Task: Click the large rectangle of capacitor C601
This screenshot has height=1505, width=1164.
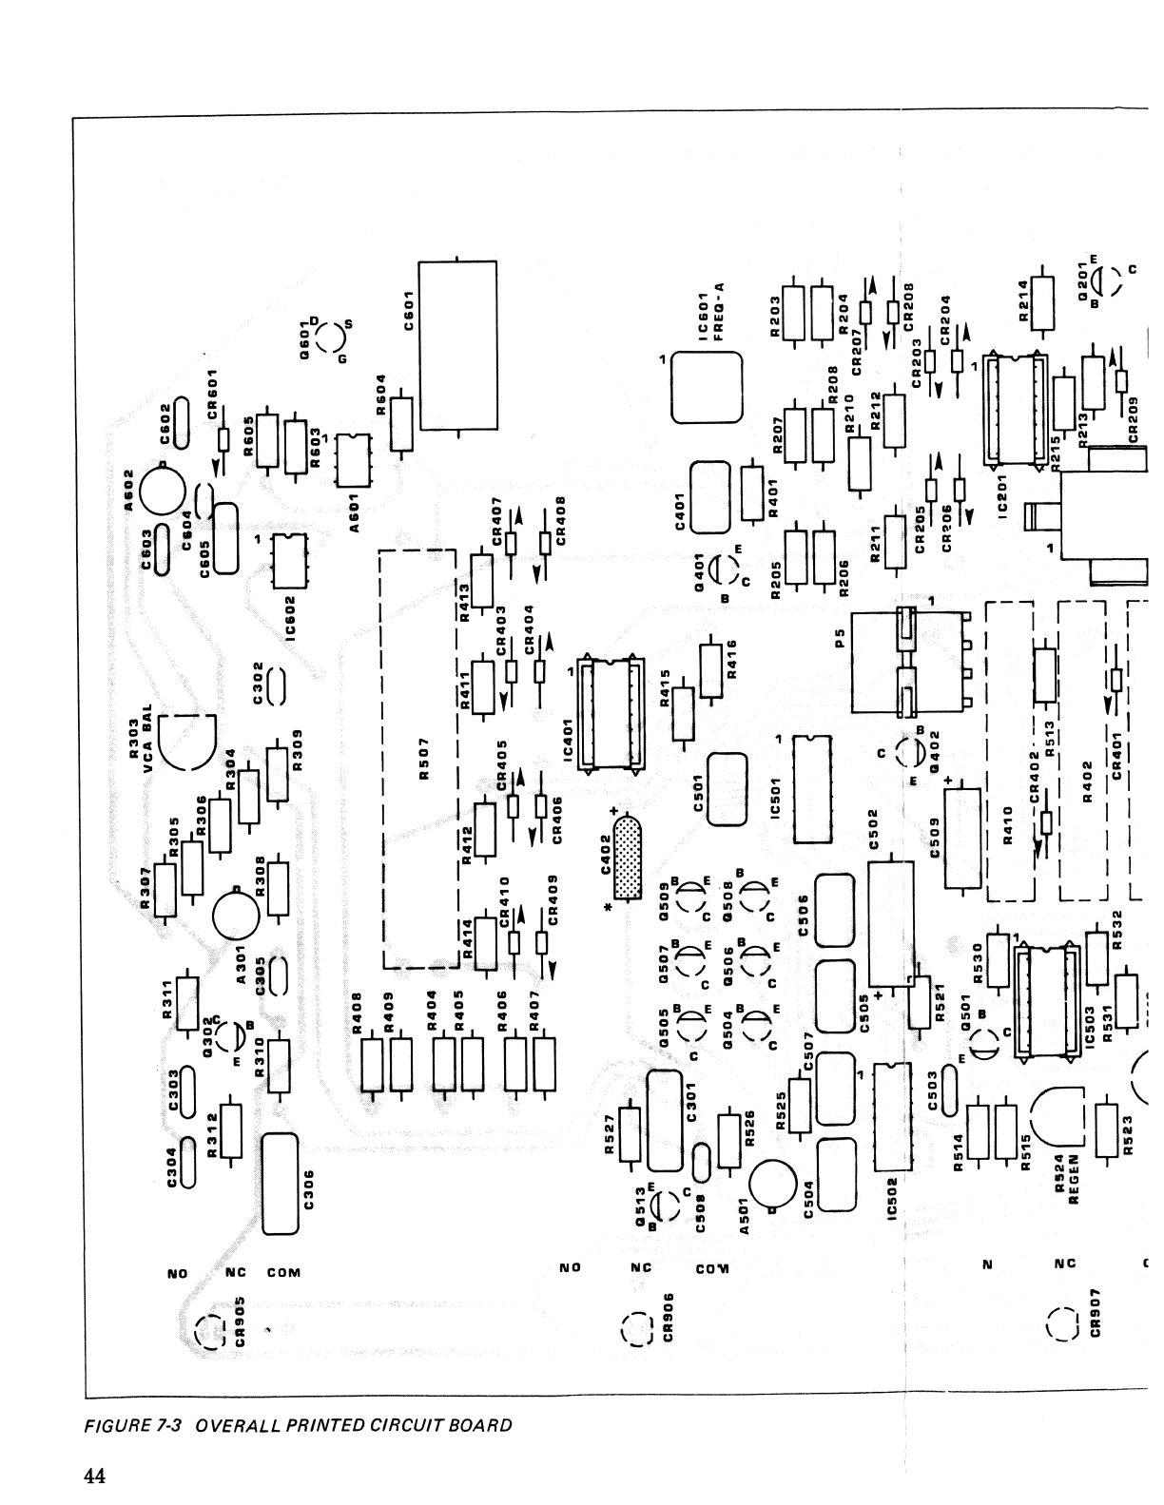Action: [x=457, y=344]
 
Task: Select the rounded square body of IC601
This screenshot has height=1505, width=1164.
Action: [x=707, y=388]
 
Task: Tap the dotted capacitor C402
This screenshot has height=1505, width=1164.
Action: [x=626, y=860]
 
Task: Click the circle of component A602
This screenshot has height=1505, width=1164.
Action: [x=163, y=489]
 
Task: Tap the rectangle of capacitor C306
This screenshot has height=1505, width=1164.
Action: [x=281, y=1184]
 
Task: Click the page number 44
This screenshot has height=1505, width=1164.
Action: [x=93, y=1476]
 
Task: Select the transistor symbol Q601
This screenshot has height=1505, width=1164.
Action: [x=329, y=339]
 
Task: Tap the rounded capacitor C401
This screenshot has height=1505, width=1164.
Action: [x=709, y=497]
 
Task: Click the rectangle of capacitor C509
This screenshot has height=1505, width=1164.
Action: [x=961, y=838]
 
